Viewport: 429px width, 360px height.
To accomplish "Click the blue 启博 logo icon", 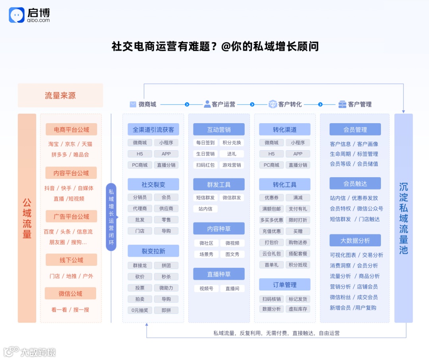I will coord(17,15).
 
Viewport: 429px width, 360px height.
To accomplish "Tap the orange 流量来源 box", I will coord(60,95).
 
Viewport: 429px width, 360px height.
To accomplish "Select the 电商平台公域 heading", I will coord(71,130).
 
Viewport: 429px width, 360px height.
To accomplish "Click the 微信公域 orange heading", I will coord(71,294).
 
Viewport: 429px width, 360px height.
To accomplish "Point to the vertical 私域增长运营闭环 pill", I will coord(111,217).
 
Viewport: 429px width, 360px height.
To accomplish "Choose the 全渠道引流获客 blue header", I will coord(153,130).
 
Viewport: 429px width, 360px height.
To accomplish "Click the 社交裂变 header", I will coord(153,184).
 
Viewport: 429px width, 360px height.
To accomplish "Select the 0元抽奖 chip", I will coord(140,310).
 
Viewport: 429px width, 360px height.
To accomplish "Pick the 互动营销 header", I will coord(219,130).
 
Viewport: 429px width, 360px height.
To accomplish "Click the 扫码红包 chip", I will coord(205,165).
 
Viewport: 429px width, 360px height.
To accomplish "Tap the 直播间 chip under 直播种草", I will coord(232,288).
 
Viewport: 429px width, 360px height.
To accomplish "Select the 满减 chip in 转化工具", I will coord(298,197).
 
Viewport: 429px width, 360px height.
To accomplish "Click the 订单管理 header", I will coord(285,285).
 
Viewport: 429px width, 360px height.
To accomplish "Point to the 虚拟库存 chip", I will coord(298,309).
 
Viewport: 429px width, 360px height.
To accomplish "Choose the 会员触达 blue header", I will coord(355,183).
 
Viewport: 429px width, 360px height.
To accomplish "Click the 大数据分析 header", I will coord(355,240).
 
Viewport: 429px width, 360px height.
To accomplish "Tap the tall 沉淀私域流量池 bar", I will coord(404,218).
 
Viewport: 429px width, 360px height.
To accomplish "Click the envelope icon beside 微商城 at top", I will coord(133,105).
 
